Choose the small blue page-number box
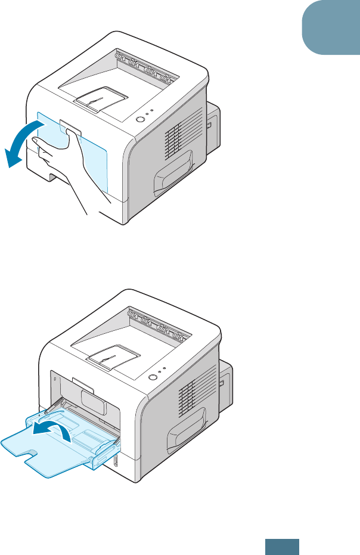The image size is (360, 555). (x=283, y=547)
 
